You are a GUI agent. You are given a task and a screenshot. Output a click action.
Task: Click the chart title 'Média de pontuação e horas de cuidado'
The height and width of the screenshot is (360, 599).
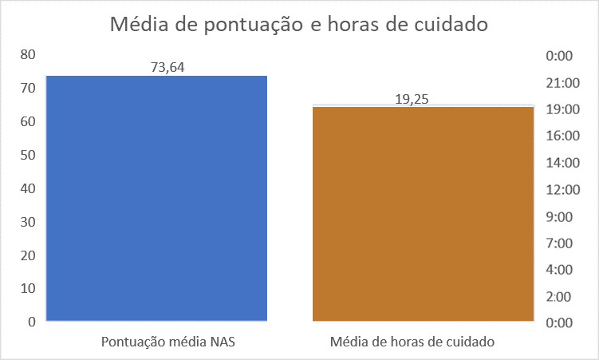298,25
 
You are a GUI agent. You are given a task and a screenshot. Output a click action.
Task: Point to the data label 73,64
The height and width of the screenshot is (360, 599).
167,67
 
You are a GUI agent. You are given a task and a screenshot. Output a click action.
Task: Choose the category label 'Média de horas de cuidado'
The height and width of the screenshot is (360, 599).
412,342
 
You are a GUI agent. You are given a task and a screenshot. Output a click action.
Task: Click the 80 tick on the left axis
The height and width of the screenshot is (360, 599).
29,54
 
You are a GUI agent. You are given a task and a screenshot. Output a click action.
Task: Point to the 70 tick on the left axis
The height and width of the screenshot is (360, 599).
29,88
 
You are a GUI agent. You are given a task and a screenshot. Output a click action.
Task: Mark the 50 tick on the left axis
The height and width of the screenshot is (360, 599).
29,155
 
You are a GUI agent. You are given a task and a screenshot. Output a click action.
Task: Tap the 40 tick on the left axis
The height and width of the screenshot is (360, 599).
29,188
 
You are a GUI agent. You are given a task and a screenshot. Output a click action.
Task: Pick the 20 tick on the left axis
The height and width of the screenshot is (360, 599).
29,255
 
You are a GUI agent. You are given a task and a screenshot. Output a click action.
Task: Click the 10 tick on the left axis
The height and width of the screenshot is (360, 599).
29,288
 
